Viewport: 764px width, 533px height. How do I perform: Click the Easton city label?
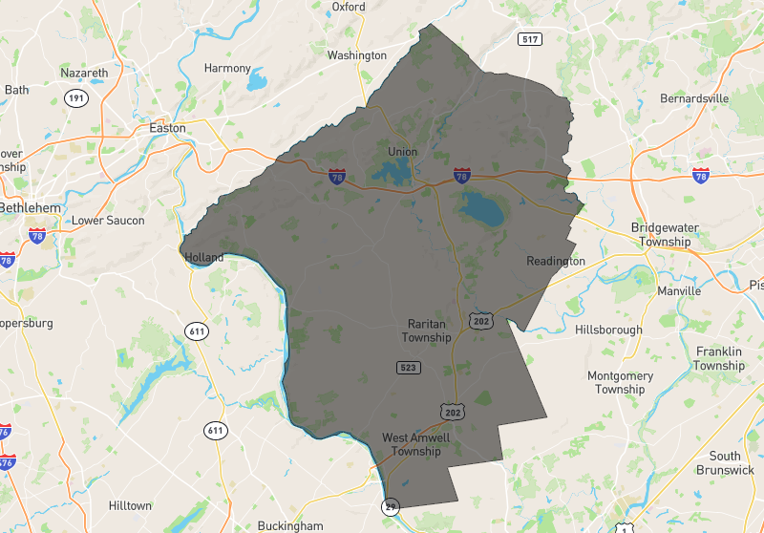(167, 128)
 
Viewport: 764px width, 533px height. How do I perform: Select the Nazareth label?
(85, 73)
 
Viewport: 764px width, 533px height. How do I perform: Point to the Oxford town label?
(349, 7)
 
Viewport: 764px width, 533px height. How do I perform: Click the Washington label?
(357, 55)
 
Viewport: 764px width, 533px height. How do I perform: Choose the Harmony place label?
(227, 69)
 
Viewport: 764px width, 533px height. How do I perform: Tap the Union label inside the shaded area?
(403, 152)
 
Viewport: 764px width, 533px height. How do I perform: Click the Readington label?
(556, 261)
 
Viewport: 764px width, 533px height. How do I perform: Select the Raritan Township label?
(426, 330)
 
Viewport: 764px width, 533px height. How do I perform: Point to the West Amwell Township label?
(415, 444)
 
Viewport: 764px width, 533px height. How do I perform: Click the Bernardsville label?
(694, 98)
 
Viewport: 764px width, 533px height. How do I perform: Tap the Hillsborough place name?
(608, 330)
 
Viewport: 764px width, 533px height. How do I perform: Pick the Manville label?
(679, 290)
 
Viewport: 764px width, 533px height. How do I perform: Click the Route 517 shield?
(531, 39)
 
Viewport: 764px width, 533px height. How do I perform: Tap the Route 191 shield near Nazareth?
(76, 98)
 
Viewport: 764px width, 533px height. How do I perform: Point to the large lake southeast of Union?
(482, 209)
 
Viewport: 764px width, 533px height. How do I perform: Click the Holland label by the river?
(203, 257)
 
